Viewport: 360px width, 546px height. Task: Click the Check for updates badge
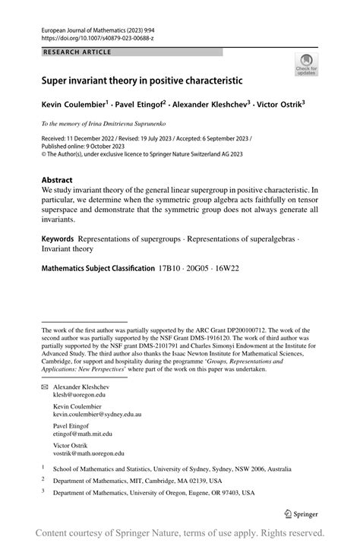click(x=306, y=65)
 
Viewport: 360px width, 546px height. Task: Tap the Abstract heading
click(x=57, y=181)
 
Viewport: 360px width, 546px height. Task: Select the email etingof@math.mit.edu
click(x=83, y=434)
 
